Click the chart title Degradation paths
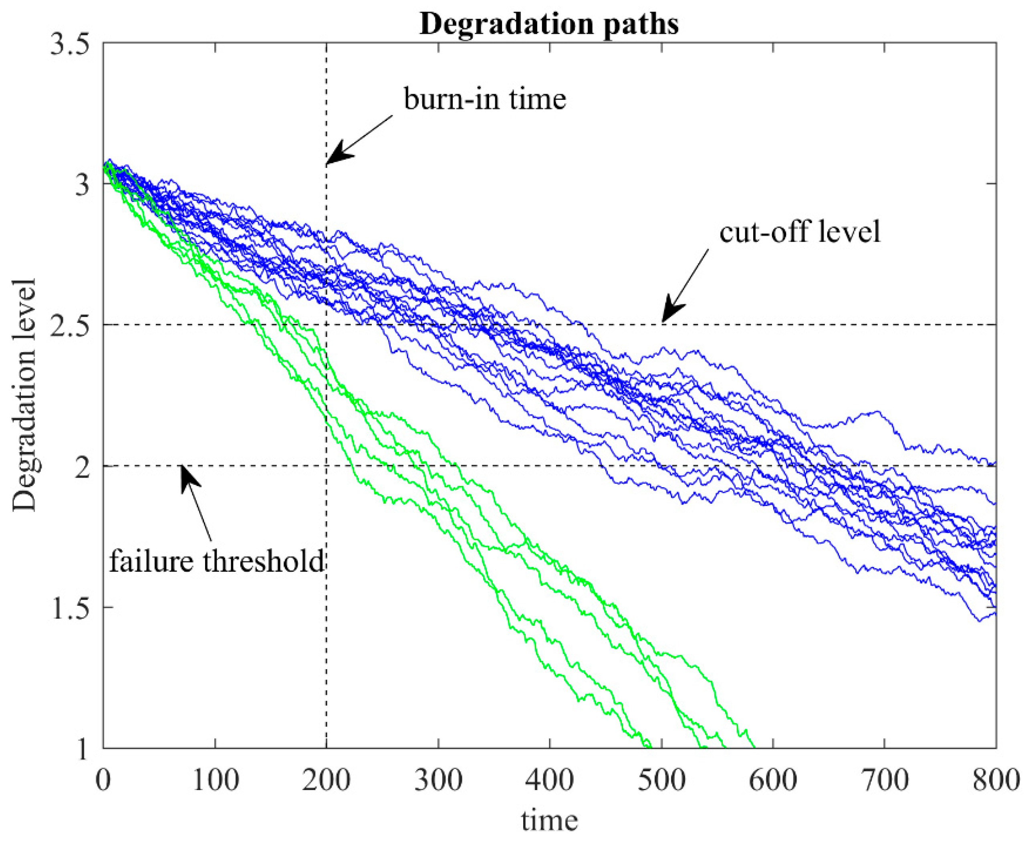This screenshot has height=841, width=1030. [549, 23]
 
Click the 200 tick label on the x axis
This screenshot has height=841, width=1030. [326, 781]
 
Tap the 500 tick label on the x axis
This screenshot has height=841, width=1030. [661, 781]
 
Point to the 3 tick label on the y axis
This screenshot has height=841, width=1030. [83, 184]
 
